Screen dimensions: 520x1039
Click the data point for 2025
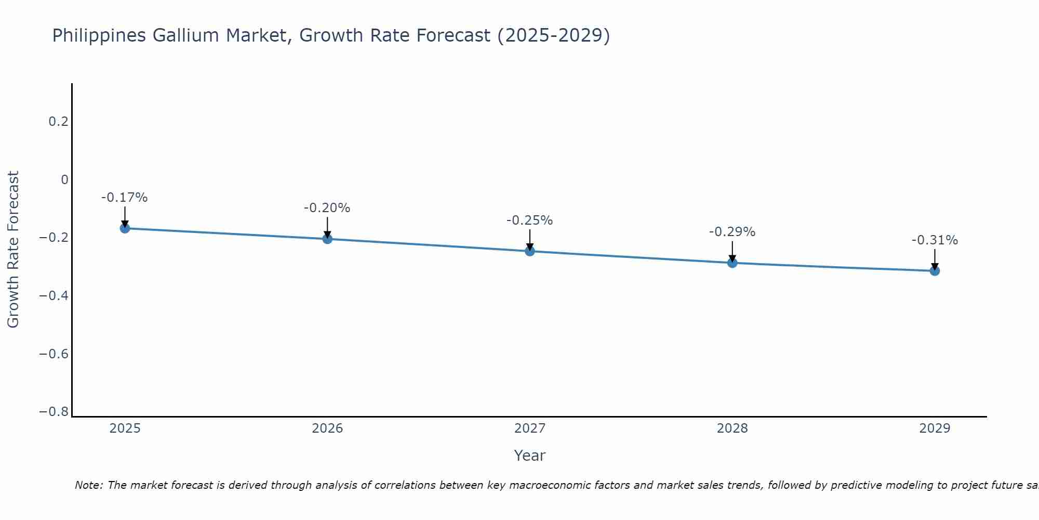click(125, 228)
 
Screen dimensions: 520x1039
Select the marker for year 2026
click(327, 239)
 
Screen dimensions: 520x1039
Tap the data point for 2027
click(530, 251)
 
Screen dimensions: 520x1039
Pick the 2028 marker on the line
click(732, 263)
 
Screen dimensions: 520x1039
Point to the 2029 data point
click(935, 271)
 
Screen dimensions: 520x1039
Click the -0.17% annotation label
click(125, 198)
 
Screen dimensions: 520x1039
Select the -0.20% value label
click(327, 208)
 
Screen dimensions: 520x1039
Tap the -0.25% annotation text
click(530, 220)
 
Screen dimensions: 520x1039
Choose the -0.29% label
click(732, 232)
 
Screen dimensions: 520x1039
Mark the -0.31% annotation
click(935, 240)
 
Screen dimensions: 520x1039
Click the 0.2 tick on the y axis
click(58, 122)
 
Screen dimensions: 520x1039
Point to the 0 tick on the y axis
click(64, 180)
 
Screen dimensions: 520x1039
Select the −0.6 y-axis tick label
click(54, 354)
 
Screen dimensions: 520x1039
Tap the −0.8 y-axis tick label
click(54, 412)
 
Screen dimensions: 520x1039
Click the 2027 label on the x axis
click(530, 428)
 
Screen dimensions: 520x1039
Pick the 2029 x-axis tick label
click(935, 428)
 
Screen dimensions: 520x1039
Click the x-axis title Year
click(530, 456)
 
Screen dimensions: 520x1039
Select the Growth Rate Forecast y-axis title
click(14, 250)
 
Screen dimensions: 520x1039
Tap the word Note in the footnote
click(88, 485)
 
